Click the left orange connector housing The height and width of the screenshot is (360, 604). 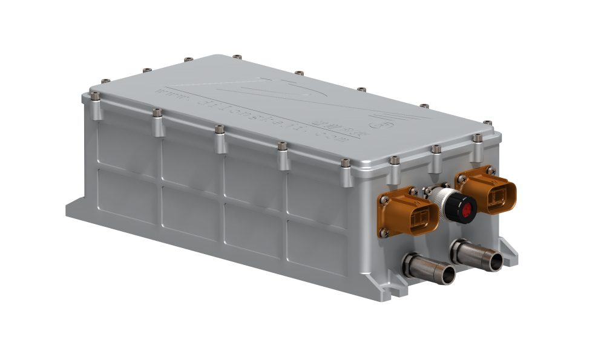(409, 212)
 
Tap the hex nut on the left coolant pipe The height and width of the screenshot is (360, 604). (412, 263)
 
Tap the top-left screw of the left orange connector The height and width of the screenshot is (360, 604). (383, 197)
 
